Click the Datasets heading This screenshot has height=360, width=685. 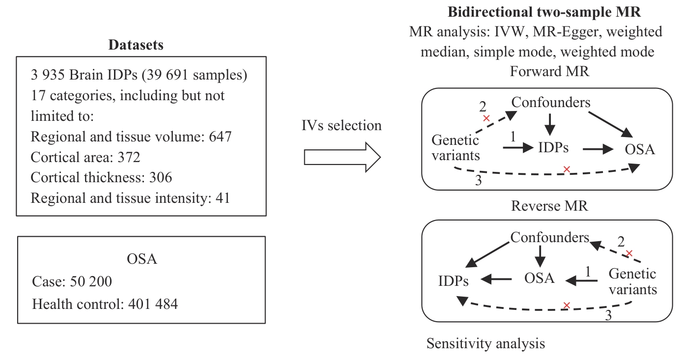tap(136, 45)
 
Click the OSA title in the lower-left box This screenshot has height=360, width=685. tap(141, 259)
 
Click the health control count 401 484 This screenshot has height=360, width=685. tap(153, 304)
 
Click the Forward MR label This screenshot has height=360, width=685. tap(549, 71)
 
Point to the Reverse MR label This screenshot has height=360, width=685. tap(549, 205)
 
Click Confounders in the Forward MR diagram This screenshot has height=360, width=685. tap(551, 102)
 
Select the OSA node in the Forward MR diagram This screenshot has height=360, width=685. tap(639, 149)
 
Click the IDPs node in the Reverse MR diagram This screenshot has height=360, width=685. tap(453, 281)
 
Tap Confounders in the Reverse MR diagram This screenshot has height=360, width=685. tap(549, 238)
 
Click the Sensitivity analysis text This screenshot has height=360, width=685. tap(485, 343)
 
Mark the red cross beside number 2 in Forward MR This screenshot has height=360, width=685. tap(486, 118)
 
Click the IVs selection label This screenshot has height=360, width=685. tap(342, 125)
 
